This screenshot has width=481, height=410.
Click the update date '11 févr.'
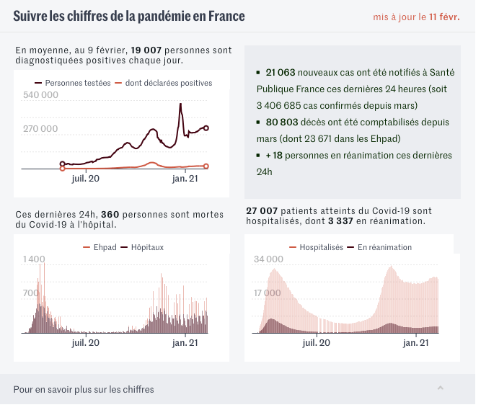pyautogui.click(x=444, y=17)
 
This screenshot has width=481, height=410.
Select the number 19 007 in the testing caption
pyautogui.click(x=146, y=50)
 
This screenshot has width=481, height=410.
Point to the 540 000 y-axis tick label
pyautogui.click(x=40, y=95)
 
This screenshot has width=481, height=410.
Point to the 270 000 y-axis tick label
pyautogui.click(x=40, y=129)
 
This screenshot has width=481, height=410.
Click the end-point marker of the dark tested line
pyautogui.click(x=206, y=128)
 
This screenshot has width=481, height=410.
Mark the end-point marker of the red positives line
pyautogui.click(x=206, y=166)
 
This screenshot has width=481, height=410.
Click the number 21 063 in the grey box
pyautogui.click(x=281, y=73)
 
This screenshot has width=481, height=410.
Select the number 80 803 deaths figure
pyautogui.click(x=281, y=122)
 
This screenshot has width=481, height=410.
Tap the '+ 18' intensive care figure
pyautogui.click(x=274, y=155)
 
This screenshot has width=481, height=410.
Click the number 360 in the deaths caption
pyautogui.click(x=109, y=214)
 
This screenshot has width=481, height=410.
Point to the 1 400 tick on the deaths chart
pyautogui.click(x=34, y=259)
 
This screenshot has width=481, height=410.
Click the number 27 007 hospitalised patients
pyautogui.click(x=261, y=210)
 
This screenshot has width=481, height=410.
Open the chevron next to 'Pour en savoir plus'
pyautogui.click(x=440, y=388)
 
